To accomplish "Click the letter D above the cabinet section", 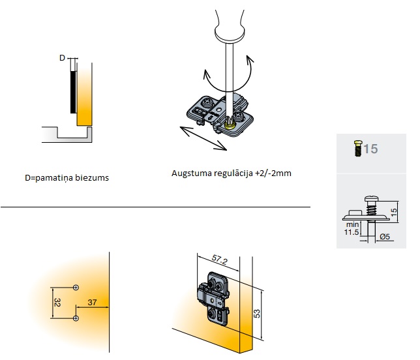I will [x=63, y=58].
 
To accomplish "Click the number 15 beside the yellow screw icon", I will [x=370, y=149].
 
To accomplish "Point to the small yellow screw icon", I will [x=356, y=149].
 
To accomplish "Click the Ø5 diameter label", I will [x=385, y=235].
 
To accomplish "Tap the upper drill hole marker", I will [x=76, y=287].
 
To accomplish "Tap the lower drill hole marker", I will [x=76, y=318].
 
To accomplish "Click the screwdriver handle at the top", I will [x=226, y=20].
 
